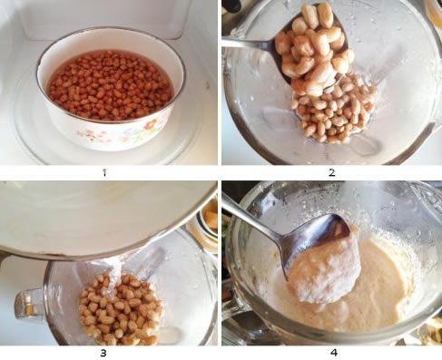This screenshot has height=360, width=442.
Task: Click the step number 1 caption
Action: [x=105, y=171]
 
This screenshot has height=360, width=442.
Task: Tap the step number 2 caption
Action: [x=332, y=171]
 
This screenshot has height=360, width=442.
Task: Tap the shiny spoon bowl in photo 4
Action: [x=309, y=236]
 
